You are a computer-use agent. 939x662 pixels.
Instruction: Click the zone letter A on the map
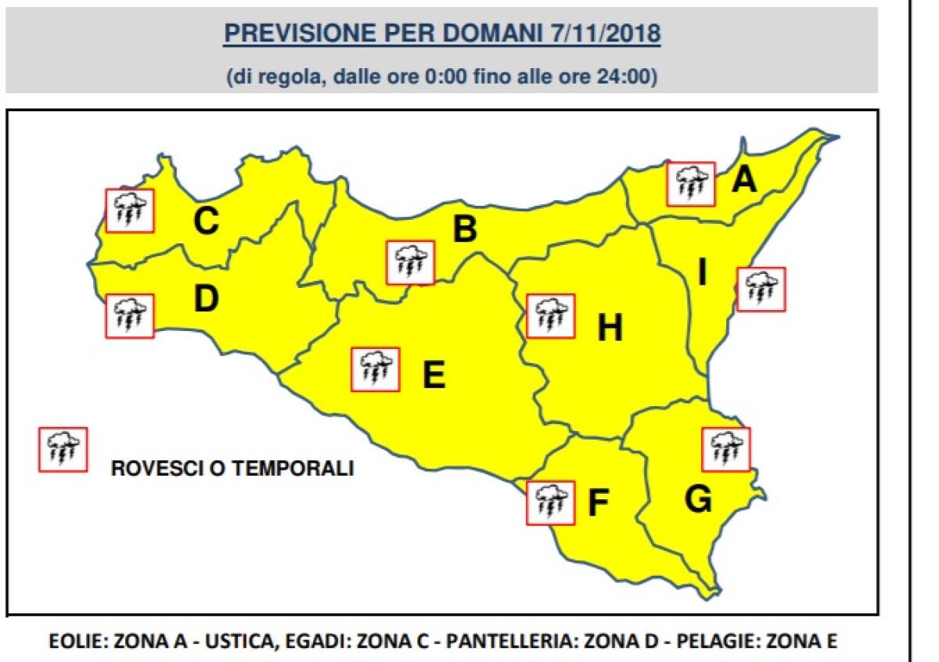744,181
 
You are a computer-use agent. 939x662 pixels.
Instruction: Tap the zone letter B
465,229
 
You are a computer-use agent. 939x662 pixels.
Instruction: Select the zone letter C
206,221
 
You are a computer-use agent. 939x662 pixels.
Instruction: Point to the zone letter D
205,298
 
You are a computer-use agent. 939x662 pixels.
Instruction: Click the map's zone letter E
434,375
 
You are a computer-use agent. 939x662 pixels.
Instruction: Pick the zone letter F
598,504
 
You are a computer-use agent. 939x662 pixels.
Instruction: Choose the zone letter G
697,499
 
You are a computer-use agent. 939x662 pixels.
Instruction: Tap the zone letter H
610,329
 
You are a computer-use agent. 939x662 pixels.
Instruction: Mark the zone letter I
702,273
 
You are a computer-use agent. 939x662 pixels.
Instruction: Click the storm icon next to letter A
691,184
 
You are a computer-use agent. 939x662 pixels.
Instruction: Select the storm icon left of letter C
130,210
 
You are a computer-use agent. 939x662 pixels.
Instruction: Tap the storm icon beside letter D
130,315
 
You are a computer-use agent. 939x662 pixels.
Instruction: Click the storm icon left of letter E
376,369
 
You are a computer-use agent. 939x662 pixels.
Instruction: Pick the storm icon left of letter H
551,315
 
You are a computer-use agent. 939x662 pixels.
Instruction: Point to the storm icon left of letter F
551,502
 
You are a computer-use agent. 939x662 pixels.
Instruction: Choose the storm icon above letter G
726,449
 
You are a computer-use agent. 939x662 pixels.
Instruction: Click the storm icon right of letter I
761,289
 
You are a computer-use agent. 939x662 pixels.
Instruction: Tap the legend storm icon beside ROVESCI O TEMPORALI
63,449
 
